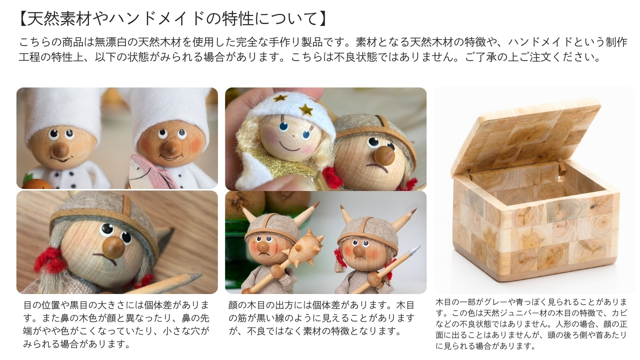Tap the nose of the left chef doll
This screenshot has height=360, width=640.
(61, 149)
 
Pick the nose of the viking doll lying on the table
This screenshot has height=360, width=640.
(113, 246)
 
